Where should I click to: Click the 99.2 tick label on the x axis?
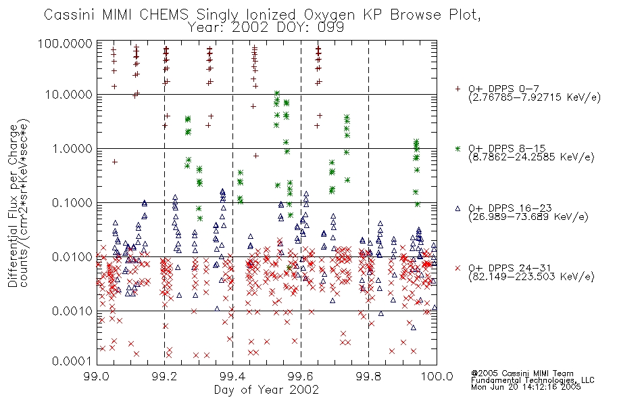pyautogui.click(x=165, y=376)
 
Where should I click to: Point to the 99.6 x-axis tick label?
pyautogui.click(x=301, y=376)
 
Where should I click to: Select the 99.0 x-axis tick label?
pyautogui.click(x=97, y=376)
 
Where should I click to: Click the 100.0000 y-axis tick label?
pyautogui.click(x=65, y=43)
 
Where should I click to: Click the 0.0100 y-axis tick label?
pyautogui.click(x=72, y=257)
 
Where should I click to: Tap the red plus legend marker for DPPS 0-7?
pyautogui.click(x=458, y=89)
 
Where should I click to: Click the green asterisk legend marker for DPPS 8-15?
pyautogui.click(x=458, y=148)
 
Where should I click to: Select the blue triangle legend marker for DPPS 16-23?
pyautogui.click(x=458, y=208)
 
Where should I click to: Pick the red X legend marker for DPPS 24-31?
pyautogui.click(x=458, y=268)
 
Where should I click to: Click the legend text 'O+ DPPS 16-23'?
pyautogui.click(x=510, y=208)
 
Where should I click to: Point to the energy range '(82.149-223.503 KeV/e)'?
pyautogui.click(x=531, y=277)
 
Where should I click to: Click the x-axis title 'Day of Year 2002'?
pyautogui.click(x=266, y=390)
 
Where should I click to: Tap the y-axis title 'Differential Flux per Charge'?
pyautogui.click(x=13, y=206)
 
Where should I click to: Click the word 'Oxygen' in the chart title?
pyautogui.click(x=330, y=15)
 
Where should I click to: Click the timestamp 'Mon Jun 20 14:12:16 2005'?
pyautogui.click(x=526, y=387)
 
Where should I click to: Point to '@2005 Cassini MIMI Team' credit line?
pyautogui.click(x=522, y=374)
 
